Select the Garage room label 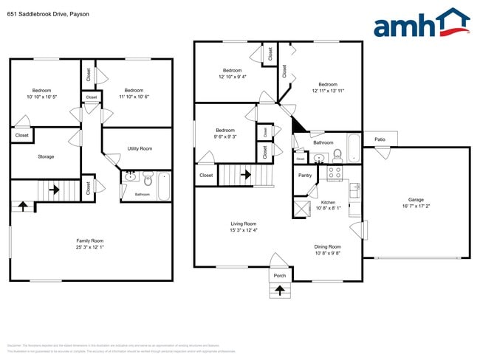416,199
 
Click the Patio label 380,139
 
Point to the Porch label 280,276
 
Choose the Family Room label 90,240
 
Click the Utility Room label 140,148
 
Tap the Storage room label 46,156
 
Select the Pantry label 305,175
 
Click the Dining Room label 328,246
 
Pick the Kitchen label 328,201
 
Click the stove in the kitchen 334,174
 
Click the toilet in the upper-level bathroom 337,154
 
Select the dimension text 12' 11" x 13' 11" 328,91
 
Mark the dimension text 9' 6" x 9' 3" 224,136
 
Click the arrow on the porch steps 280,290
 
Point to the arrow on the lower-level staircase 54,189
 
